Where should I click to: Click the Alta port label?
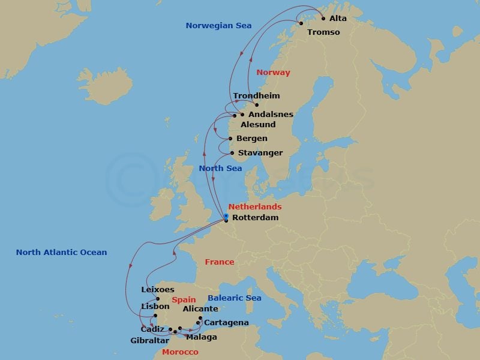point(338,19)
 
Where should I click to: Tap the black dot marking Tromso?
point(301,23)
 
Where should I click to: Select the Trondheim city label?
point(256,96)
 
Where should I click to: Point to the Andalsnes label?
point(271,115)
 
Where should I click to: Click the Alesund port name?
point(258,125)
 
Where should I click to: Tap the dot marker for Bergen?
point(230,139)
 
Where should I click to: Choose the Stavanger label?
point(260,153)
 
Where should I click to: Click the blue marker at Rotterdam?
point(226,216)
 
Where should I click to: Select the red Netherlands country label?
point(254,207)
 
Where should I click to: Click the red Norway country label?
point(273,73)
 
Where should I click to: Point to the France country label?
point(220,262)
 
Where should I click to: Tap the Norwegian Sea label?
point(218,26)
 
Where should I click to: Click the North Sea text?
point(221,169)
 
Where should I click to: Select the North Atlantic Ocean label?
point(61,253)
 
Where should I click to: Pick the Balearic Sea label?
point(235,298)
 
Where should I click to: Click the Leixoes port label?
point(158,290)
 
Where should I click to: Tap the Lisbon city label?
point(155,307)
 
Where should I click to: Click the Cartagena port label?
point(226,323)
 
